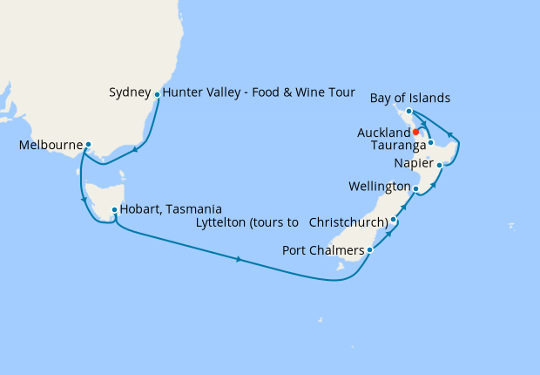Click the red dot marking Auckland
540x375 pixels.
(x=416, y=132)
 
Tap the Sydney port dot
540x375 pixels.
(x=157, y=94)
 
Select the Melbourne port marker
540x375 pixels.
(x=88, y=145)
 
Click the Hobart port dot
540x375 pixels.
(x=114, y=209)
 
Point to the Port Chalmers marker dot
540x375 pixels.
(x=371, y=250)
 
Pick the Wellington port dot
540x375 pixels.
(x=415, y=188)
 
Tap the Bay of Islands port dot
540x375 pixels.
(x=408, y=112)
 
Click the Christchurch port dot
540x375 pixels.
(x=394, y=220)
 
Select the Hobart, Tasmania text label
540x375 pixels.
(x=171, y=209)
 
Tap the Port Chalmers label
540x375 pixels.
(x=324, y=251)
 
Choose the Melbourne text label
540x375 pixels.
(x=51, y=145)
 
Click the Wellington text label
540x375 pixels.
(x=379, y=187)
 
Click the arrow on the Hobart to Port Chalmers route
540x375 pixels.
(x=239, y=259)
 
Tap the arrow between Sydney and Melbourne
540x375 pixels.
(x=137, y=150)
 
